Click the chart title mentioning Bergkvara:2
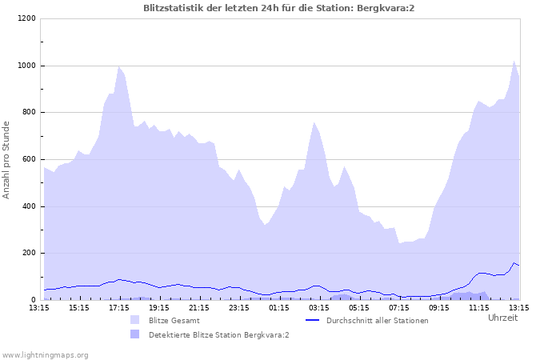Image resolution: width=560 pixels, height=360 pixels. [279, 8]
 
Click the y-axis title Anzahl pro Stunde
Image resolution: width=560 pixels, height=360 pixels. [7, 159]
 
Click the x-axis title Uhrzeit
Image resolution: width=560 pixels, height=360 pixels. [502, 318]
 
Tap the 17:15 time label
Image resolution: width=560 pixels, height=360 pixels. [119, 307]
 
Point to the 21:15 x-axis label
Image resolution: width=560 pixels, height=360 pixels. [199, 307]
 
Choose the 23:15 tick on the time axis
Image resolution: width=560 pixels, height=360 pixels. [239, 307]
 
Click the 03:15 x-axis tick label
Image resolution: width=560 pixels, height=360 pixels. [319, 307]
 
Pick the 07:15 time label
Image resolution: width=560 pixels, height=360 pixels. [399, 307]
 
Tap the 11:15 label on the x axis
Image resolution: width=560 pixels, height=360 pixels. [479, 307]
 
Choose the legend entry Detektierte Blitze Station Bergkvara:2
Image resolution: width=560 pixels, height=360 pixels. [218, 334]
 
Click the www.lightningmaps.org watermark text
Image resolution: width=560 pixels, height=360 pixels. [45, 354]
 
